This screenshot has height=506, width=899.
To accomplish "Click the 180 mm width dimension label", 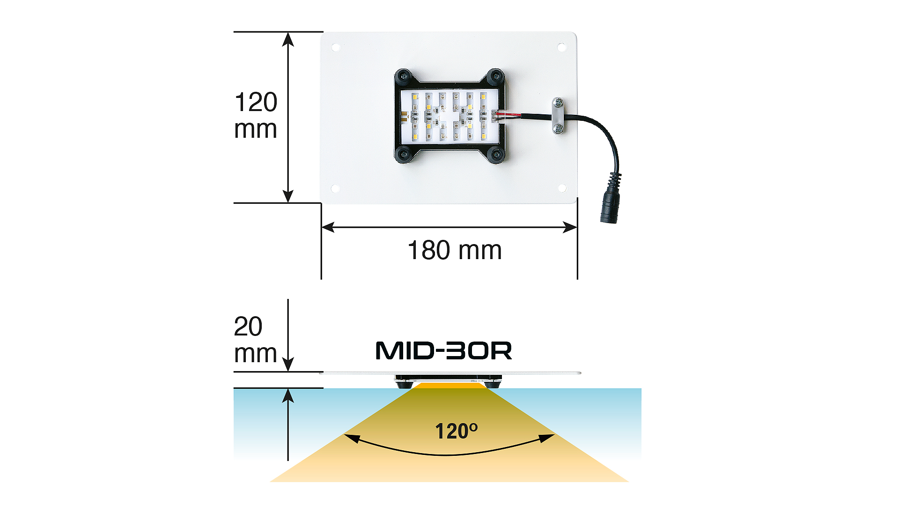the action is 455,250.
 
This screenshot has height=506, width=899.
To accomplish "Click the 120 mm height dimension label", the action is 256,115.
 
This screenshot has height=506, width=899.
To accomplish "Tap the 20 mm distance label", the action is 255,340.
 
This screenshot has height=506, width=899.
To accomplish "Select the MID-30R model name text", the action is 444,350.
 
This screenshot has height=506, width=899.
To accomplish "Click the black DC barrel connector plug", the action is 610,199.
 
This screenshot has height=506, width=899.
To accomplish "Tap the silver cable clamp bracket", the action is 558,116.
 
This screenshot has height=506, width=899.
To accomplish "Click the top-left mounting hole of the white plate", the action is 336,47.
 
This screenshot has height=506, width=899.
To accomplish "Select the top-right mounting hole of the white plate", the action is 561,47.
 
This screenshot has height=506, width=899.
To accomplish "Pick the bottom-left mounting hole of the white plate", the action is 335,188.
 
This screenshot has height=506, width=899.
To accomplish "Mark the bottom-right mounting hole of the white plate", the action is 562,188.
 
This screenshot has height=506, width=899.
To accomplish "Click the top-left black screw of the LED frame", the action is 404,76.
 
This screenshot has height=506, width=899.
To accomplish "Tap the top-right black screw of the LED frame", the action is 495,76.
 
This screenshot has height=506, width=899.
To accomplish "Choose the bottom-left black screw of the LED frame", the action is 404,153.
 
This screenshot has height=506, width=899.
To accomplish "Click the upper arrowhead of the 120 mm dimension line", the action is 288,39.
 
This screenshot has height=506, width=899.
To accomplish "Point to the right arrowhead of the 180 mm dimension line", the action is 570,228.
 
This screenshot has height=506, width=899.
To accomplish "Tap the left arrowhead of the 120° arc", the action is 352,439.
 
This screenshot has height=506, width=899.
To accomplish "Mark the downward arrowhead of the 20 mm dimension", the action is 288,364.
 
